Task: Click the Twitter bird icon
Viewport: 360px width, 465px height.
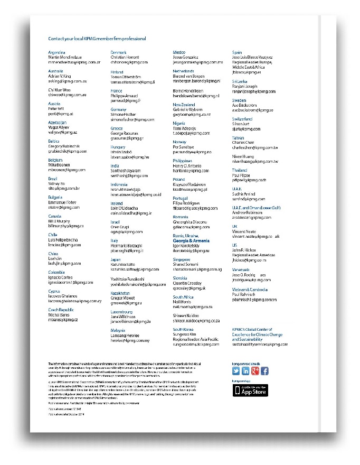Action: tap(236, 371)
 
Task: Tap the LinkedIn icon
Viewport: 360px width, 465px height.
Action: tap(245, 371)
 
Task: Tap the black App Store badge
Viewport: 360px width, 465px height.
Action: tap(251, 390)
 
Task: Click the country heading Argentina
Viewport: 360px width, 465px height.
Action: tap(56, 53)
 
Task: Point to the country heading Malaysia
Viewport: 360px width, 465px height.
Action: tap(119, 330)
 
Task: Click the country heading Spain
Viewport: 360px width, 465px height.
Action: tap(238, 53)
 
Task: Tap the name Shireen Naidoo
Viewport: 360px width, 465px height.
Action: tap(190, 315)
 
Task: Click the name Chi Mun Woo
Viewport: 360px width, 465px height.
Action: tap(60, 90)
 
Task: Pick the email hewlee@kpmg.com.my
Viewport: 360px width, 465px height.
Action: tap(130, 340)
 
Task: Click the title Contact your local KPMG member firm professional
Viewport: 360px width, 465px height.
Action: tap(97, 39)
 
